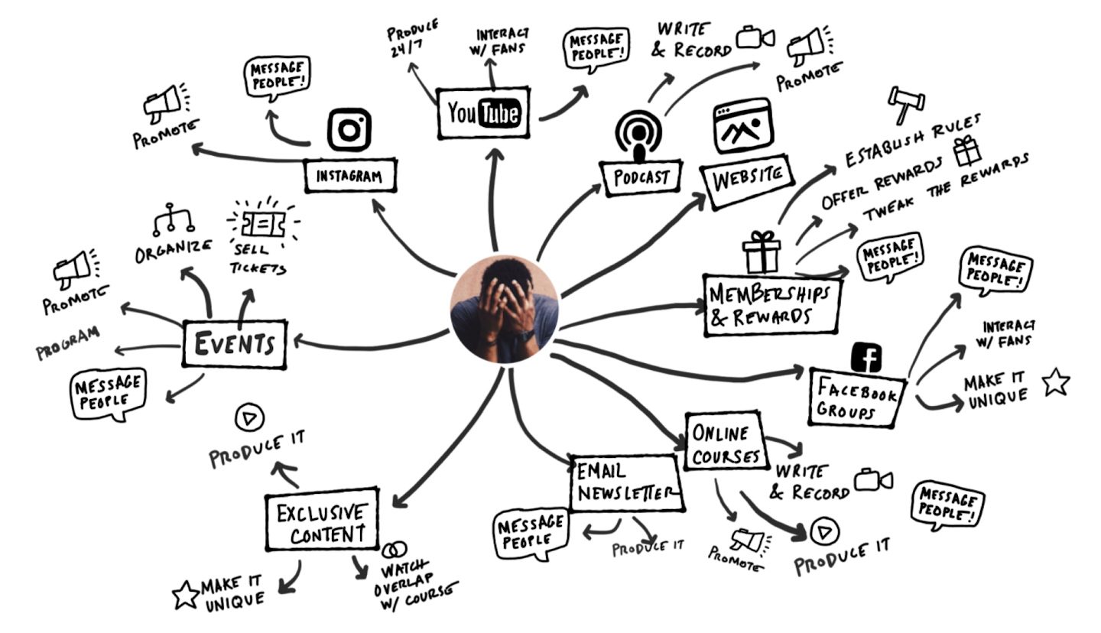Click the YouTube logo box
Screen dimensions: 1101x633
pyautogui.click(x=483, y=114)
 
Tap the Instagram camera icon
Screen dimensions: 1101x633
pyautogui.click(x=349, y=129)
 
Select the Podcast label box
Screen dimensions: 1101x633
pyautogui.click(x=641, y=177)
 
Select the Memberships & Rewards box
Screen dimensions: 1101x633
pyautogui.click(x=771, y=305)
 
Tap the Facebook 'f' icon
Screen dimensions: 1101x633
pyautogui.click(x=868, y=357)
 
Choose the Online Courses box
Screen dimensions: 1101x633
pyautogui.click(x=723, y=443)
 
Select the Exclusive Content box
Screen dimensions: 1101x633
pyautogui.click(x=322, y=521)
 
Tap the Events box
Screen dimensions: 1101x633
pyautogui.click(x=234, y=343)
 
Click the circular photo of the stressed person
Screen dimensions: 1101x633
pyautogui.click(x=505, y=309)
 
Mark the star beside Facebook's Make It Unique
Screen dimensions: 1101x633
pyautogui.click(x=1054, y=381)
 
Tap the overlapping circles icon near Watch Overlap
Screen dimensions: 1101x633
pyautogui.click(x=394, y=550)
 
